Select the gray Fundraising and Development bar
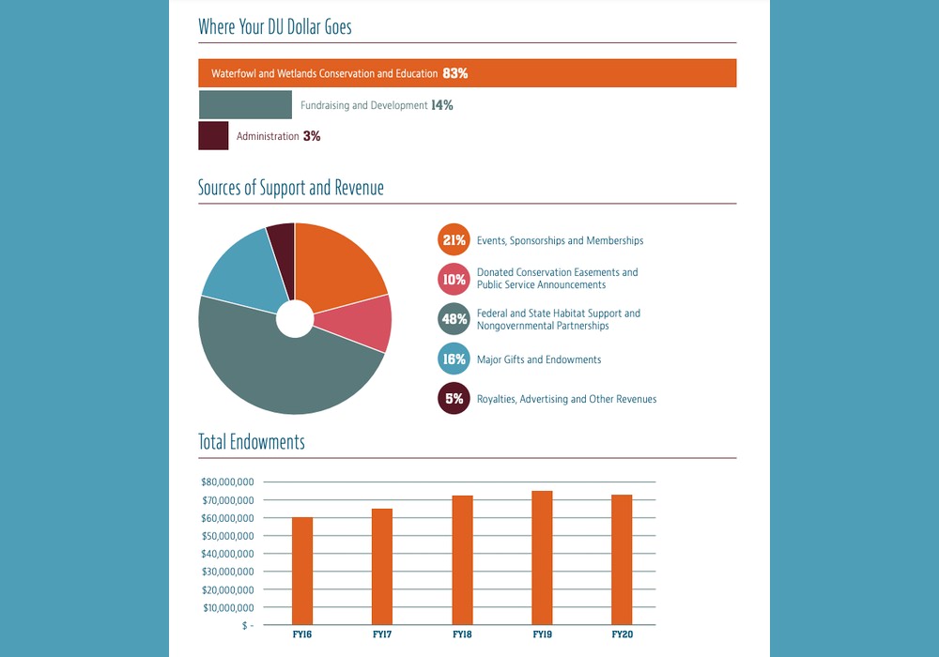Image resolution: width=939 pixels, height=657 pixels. click(245, 105)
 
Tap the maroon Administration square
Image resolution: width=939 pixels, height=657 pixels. click(213, 136)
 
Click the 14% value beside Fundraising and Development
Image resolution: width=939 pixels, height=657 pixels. click(442, 105)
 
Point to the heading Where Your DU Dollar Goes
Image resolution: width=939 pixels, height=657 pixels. click(274, 27)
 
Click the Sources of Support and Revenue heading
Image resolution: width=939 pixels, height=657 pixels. click(290, 188)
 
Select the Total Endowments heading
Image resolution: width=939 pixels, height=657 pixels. click(251, 442)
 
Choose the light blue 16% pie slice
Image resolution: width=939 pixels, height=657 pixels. click(239, 272)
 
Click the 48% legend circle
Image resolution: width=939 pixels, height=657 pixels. click(454, 319)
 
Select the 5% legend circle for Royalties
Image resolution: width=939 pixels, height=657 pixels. click(454, 399)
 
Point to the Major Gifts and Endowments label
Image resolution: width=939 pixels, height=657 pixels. click(539, 359)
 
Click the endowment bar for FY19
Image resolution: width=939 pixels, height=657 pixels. click(542, 558)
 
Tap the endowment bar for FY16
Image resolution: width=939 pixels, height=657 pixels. click(302, 571)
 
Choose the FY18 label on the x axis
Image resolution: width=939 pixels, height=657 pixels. click(462, 635)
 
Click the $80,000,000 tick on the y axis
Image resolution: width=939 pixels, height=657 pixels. click(226, 481)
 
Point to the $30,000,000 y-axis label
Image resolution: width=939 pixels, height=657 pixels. click(226, 572)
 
